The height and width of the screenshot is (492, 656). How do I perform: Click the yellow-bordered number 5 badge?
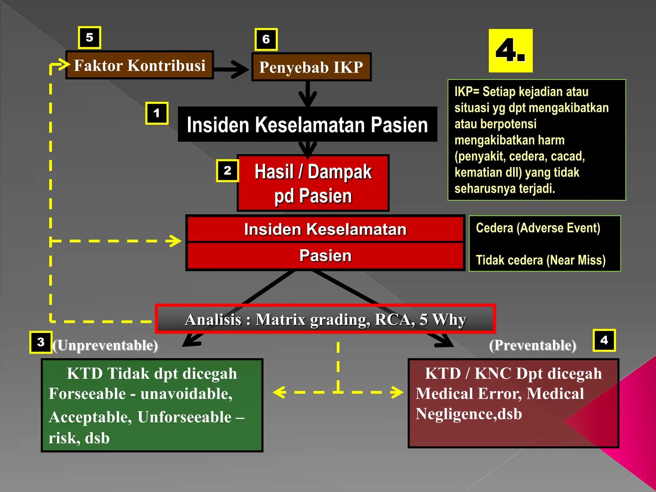click(x=90, y=38)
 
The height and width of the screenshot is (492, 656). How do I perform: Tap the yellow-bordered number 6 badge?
click(x=266, y=39)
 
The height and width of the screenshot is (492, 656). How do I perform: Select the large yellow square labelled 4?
click(x=511, y=51)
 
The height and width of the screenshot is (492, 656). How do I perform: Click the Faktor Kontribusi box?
click(x=140, y=65)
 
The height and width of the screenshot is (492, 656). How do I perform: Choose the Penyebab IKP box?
click(x=311, y=67)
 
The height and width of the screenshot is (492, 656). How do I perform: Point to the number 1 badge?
click(x=157, y=113)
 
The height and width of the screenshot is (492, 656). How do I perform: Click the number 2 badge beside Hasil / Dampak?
click(x=227, y=170)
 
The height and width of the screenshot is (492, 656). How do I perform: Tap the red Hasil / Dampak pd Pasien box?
click(x=313, y=183)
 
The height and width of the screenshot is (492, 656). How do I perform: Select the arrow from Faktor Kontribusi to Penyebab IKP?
click(x=231, y=69)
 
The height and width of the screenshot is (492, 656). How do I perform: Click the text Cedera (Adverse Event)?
click(x=538, y=228)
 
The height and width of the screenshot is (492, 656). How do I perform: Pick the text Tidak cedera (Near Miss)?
click(x=541, y=260)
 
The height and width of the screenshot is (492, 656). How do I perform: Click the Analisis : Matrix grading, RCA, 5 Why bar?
click(x=325, y=319)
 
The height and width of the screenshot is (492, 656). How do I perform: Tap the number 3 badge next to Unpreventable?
click(x=41, y=342)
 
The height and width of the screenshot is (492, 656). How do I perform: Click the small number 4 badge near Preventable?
click(x=604, y=340)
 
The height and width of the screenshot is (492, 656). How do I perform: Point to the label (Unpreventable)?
click(x=105, y=345)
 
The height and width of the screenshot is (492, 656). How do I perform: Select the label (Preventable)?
click(x=533, y=345)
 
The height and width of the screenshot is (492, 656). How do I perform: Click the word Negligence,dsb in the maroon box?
click(x=469, y=414)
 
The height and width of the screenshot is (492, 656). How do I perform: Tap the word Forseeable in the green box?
click(x=87, y=394)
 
